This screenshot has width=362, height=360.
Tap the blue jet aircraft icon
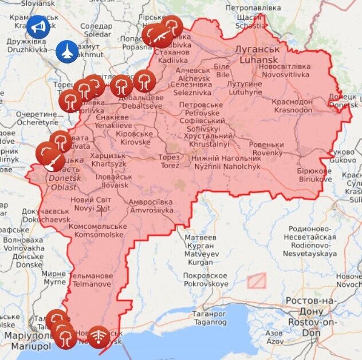point(67,52)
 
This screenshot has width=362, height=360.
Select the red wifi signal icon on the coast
point(99,335)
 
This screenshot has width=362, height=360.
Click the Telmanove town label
point(92,279)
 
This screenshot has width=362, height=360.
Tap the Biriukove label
point(314,175)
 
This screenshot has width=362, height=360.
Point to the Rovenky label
point(266,149)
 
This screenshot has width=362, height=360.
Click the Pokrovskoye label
point(205,279)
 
